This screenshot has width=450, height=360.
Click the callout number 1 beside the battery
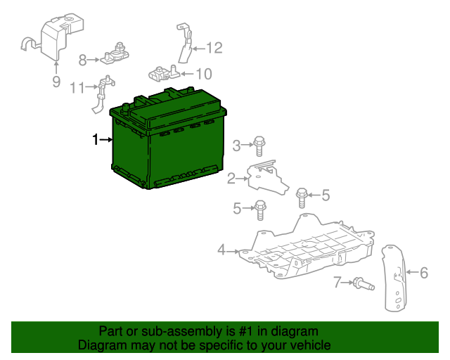pyautogui.click(x=96, y=139)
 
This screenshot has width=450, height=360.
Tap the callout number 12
pyautogui.click(x=214, y=48)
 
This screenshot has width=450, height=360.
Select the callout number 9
pyautogui.click(x=56, y=82)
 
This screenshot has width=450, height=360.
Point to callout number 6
pyautogui.click(x=424, y=272)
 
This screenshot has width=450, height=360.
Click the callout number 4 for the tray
pyautogui.click(x=221, y=250)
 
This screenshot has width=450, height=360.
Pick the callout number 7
pyautogui.click(x=337, y=282)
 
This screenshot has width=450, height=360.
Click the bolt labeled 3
pyautogui.click(x=259, y=146)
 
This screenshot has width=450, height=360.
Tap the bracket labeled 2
pyautogui.click(x=267, y=178)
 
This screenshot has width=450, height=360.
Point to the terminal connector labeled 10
pyautogui.click(x=164, y=74)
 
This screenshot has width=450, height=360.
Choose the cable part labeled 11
pyautogui.click(x=103, y=94)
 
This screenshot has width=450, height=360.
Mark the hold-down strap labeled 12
pyautogui.click(x=184, y=43)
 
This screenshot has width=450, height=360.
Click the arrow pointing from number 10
pyautogui.click(x=187, y=74)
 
